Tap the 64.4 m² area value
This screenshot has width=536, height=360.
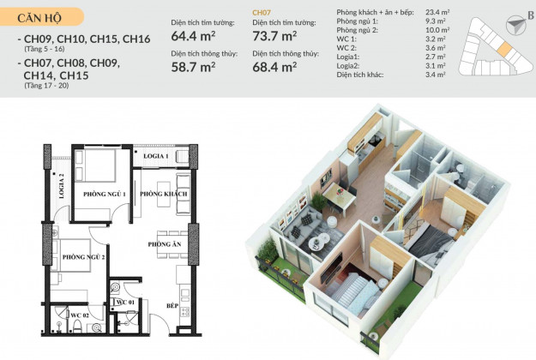click(193, 36)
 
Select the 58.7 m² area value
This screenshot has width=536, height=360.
click(193, 67)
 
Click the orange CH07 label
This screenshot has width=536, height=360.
click(262, 13)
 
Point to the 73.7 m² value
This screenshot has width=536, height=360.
click(274, 36)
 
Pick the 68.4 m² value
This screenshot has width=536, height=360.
click(274, 67)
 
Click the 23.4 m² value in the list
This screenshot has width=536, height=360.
click(437, 12)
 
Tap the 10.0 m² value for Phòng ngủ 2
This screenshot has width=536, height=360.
click(437, 30)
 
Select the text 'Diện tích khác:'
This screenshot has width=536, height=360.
click(360, 75)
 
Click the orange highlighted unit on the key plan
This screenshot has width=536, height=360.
click(504, 50)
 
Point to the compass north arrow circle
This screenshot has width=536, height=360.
click(515, 25)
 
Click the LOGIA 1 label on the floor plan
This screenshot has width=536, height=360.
click(156, 156)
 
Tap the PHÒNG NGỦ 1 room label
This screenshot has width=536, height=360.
click(105, 194)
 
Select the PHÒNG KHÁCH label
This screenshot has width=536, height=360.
click(164, 194)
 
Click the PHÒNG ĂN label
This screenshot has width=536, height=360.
click(165, 244)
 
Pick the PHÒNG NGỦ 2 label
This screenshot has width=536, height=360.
click(83, 257)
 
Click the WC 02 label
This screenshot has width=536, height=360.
click(80, 315)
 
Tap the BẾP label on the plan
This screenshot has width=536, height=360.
click(172, 306)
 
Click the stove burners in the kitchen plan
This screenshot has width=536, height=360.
click(185, 312)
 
